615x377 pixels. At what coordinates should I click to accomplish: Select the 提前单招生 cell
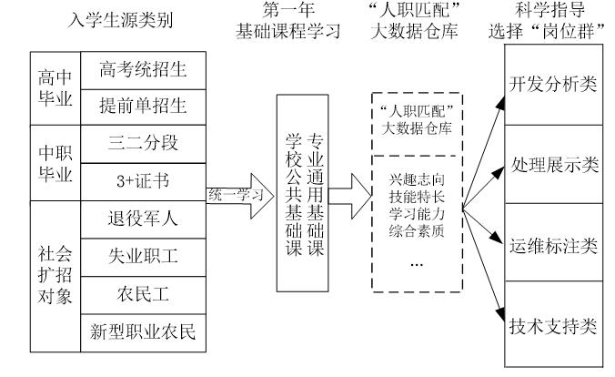(141, 106)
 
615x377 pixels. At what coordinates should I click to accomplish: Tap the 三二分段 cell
(141, 143)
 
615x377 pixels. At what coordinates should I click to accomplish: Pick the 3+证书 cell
(141, 180)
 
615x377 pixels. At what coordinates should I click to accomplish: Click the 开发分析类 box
(554, 85)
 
